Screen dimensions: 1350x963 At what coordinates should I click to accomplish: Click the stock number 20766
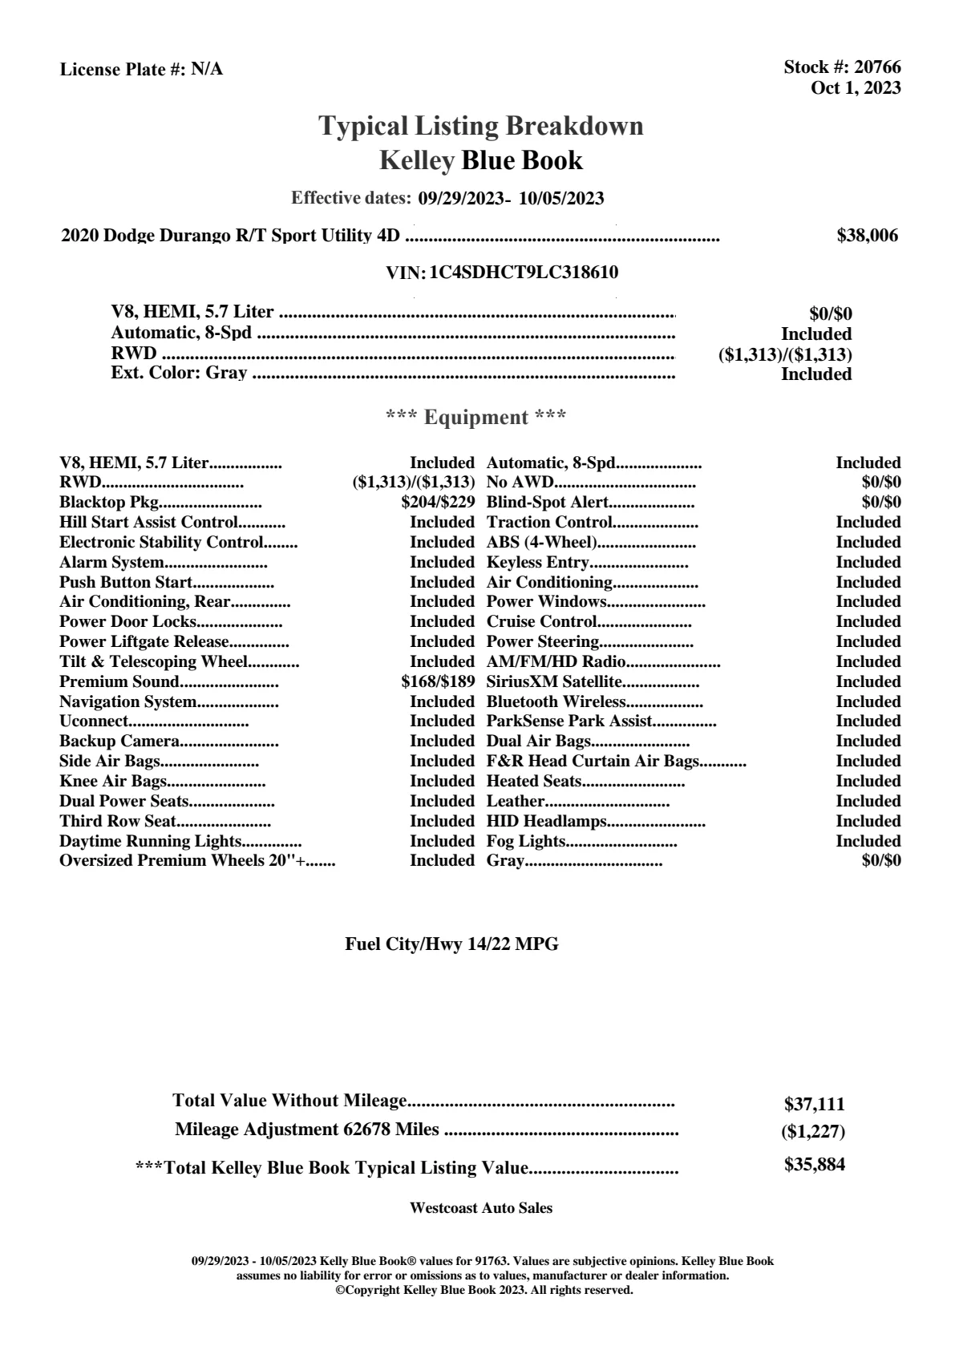(877, 67)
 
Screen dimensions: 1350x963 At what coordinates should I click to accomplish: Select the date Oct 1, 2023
(856, 87)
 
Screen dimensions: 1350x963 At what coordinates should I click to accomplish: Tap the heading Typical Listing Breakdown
(481, 126)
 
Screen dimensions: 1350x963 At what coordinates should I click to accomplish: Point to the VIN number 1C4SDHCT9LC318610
(524, 272)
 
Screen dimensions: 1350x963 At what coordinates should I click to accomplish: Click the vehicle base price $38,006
(867, 235)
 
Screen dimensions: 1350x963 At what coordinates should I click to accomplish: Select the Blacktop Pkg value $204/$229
(438, 503)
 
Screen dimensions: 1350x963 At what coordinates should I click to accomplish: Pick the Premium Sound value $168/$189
(438, 682)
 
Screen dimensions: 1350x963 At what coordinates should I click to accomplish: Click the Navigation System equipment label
(127, 702)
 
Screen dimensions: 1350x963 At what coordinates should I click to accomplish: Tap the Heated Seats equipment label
(534, 782)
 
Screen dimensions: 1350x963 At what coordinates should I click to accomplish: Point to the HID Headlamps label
(546, 821)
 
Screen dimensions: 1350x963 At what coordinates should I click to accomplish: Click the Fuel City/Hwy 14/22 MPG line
(451, 944)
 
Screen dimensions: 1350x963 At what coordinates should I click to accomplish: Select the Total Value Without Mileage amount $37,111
(814, 1104)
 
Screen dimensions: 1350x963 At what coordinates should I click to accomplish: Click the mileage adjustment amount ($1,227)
(813, 1132)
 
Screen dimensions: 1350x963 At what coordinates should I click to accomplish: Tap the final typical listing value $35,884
(814, 1165)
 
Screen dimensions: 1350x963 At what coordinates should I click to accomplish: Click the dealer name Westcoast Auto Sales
(480, 1207)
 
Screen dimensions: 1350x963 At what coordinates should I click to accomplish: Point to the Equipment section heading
(475, 417)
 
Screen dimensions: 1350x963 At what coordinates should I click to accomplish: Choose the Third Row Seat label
(117, 821)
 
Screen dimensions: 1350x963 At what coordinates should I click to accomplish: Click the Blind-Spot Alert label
(548, 503)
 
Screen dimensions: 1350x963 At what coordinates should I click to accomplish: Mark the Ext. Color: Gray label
(179, 373)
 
